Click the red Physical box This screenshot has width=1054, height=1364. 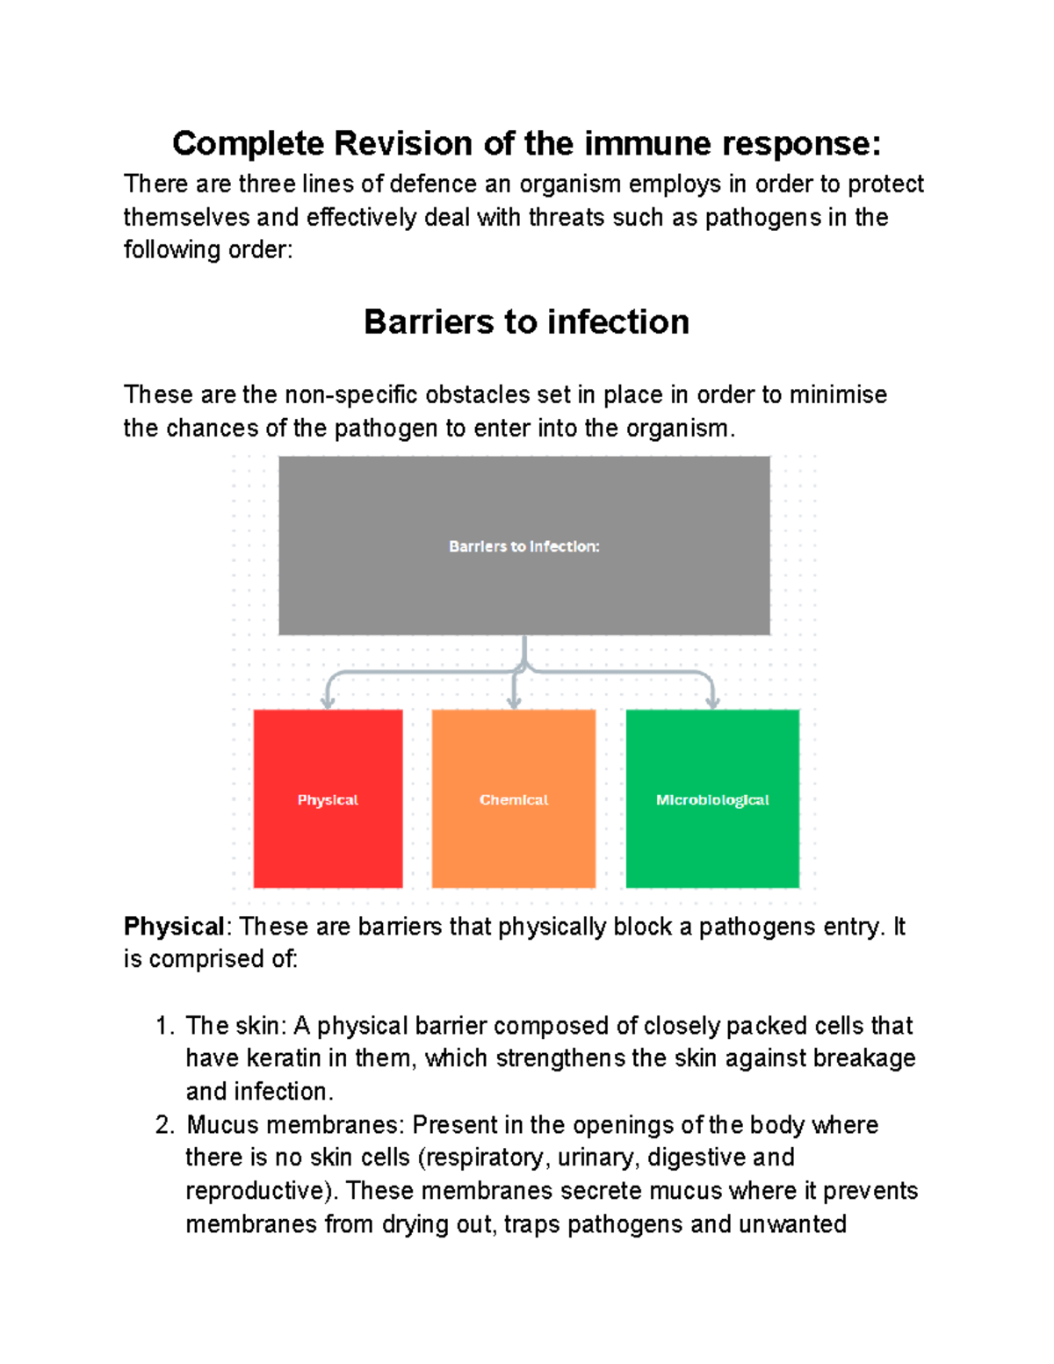(x=328, y=798)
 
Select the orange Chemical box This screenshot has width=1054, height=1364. (x=514, y=798)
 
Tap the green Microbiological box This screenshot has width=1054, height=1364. (x=712, y=798)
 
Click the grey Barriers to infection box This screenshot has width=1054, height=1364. (x=524, y=545)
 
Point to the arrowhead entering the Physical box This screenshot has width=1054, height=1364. (x=328, y=702)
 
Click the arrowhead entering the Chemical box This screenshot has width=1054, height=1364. (x=515, y=702)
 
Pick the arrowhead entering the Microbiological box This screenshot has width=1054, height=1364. (x=712, y=702)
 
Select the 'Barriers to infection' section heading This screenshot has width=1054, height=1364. (x=526, y=322)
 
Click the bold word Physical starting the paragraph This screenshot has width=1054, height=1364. (x=174, y=927)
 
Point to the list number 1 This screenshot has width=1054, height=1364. (x=162, y=1026)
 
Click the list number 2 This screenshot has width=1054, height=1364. (x=162, y=1125)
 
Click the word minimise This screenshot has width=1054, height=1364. (x=838, y=395)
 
